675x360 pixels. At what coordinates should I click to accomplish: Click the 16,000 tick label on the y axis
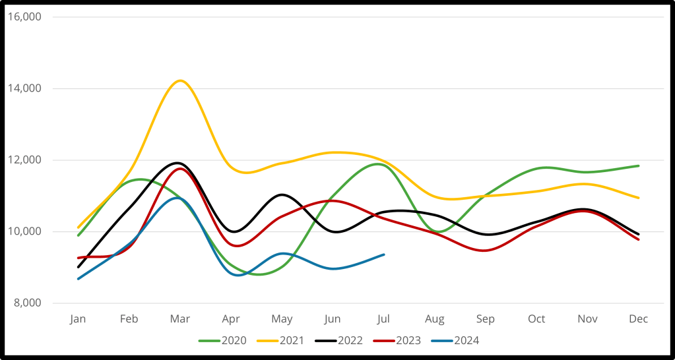point(24,16)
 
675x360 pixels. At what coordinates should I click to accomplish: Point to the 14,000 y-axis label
point(24,88)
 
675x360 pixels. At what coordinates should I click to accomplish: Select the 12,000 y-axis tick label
point(24,160)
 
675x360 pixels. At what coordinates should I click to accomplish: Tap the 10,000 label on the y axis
point(24,231)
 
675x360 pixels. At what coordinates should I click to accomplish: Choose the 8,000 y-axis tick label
point(26,303)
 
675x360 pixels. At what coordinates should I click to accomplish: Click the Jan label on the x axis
point(78,319)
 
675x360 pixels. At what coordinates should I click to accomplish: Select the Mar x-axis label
point(180,319)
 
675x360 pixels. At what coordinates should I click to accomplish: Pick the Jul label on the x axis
point(384,319)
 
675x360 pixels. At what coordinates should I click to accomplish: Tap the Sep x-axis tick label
point(486,319)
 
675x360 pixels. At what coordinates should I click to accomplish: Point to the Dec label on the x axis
point(638,319)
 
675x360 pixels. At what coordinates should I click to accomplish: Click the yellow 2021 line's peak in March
point(179,80)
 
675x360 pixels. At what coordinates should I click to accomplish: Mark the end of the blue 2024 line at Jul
point(384,255)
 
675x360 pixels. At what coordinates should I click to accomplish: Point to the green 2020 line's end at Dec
point(639,165)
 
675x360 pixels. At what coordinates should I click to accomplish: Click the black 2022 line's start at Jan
point(79,267)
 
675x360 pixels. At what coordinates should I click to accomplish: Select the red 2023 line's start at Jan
point(79,258)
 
